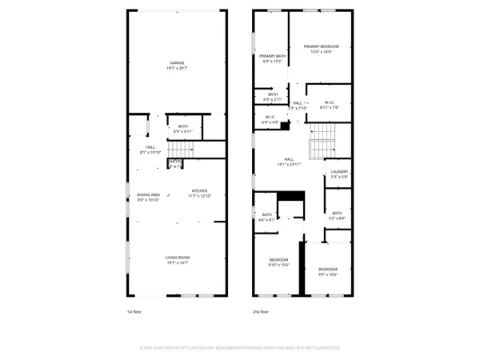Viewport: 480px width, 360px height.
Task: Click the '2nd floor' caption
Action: coord(261,312)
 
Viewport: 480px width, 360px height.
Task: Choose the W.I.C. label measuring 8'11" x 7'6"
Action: coord(329,104)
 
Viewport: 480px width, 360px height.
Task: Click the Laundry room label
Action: coord(339,174)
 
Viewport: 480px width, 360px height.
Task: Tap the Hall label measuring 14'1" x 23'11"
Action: coord(289,161)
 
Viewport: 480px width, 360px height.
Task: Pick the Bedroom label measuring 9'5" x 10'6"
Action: coord(327,271)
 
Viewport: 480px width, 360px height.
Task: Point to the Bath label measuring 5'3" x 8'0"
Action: coord(338,215)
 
